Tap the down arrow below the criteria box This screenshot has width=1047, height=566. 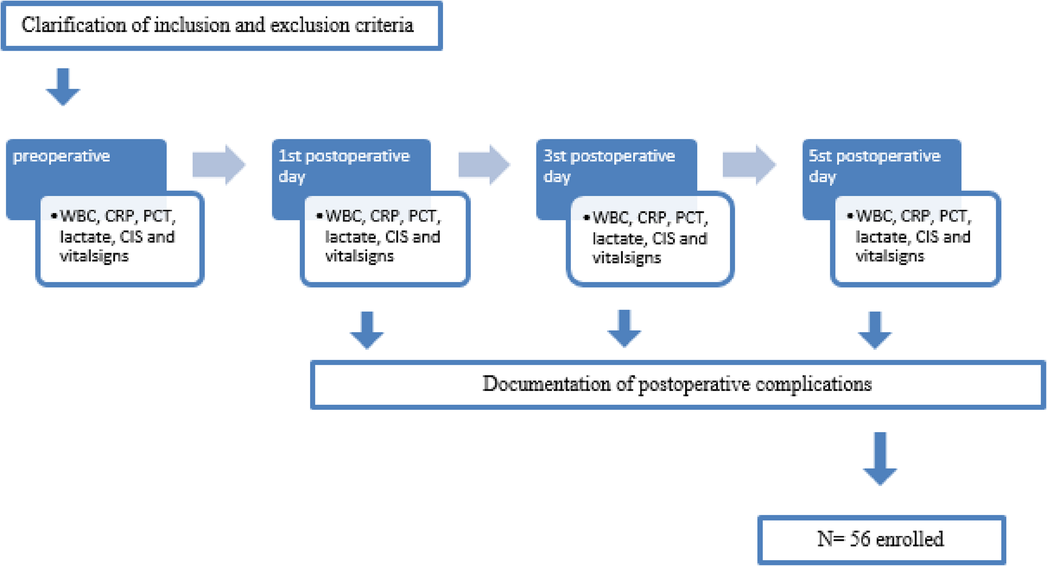tap(63, 87)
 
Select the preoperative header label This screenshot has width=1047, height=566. tap(61, 156)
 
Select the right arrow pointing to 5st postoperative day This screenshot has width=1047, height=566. tap(749, 164)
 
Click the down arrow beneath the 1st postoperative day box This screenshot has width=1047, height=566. tap(367, 330)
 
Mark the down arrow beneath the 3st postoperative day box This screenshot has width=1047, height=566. tap(624, 329)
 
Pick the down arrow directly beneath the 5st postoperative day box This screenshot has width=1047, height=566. tap(875, 330)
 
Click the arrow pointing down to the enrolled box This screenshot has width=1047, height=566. tap(879, 458)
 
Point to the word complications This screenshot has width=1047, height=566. tap(813, 384)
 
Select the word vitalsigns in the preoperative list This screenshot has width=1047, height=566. tap(94, 257)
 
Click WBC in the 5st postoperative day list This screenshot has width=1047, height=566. tap(875, 217)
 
